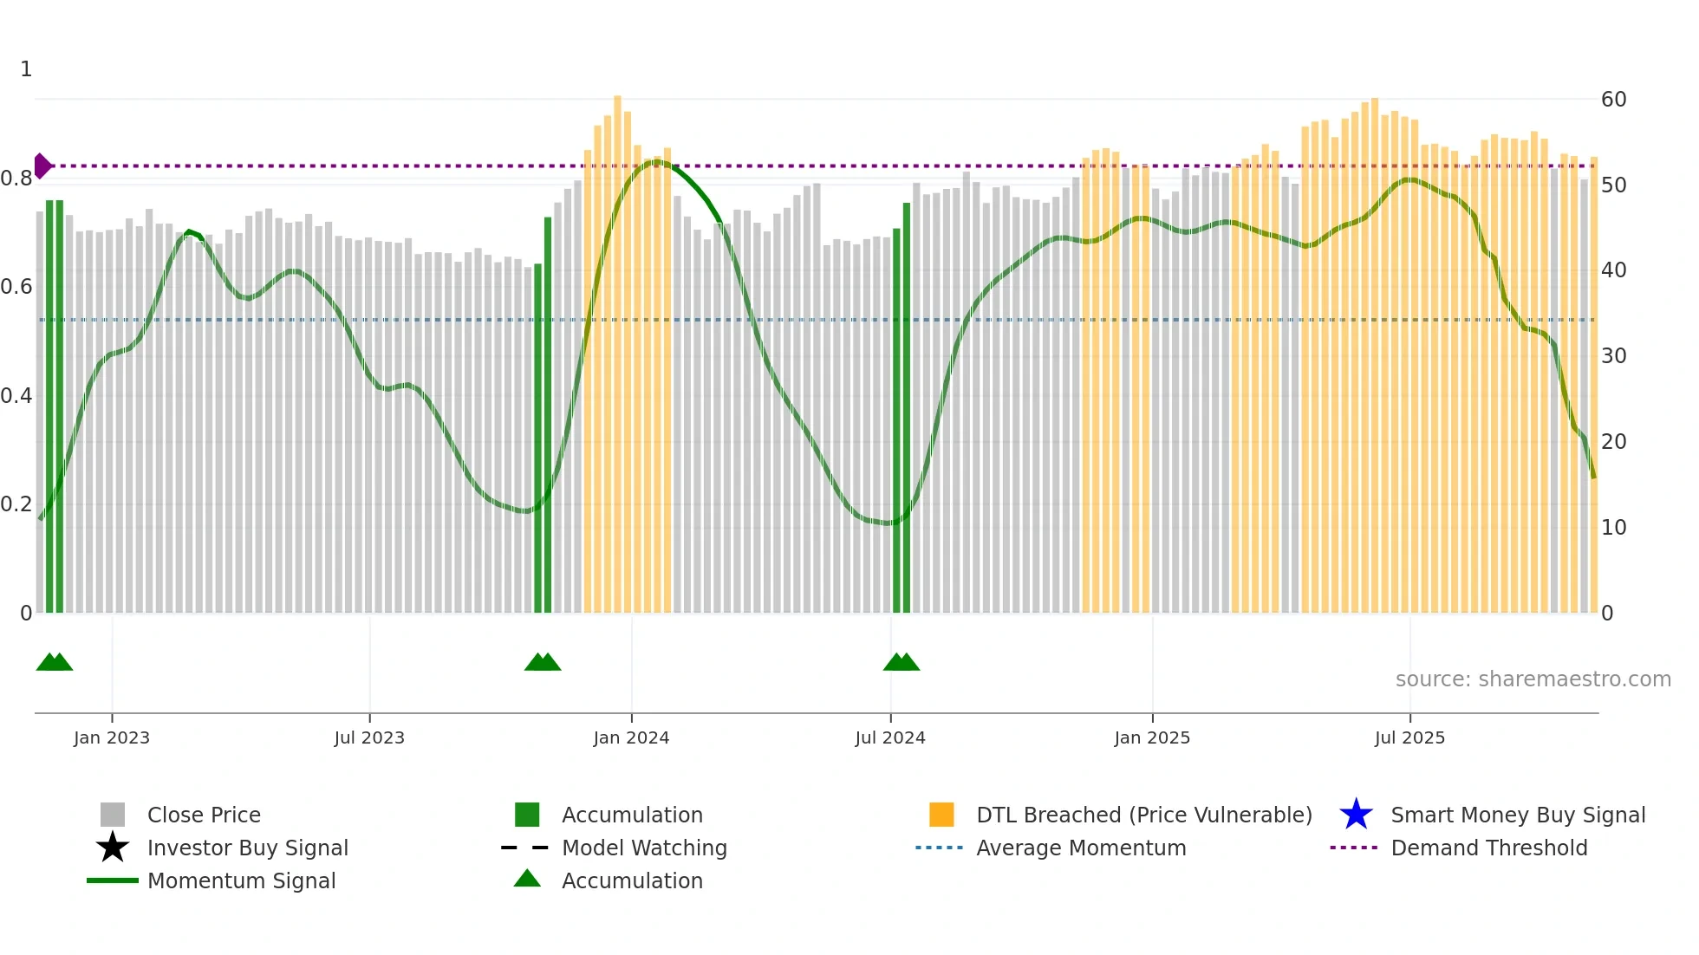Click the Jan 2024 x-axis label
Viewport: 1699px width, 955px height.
[x=631, y=737]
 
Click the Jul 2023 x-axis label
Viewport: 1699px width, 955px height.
[x=369, y=737]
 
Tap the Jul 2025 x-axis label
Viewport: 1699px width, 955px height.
[x=1409, y=737]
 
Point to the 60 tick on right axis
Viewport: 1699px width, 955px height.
[x=1613, y=100]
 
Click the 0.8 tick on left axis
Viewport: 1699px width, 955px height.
[x=16, y=179]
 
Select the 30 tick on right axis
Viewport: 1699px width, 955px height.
[x=1613, y=356]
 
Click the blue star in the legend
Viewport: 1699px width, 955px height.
[x=1356, y=815]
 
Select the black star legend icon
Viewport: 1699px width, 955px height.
[x=113, y=848]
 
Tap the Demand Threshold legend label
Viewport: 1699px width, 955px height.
[x=1488, y=848]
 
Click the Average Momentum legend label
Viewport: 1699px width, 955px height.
[x=1081, y=848]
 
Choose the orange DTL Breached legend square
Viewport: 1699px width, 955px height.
[x=941, y=815]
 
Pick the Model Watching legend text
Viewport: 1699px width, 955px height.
[x=644, y=848]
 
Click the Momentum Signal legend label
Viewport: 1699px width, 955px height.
[x=241, y=880]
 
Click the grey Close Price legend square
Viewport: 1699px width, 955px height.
[x=113, y=815]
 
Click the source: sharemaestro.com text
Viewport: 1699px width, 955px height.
[x=1533, y=679]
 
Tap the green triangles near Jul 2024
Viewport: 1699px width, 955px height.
[x=901, y=663]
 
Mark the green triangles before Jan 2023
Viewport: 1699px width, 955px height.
[x=54, y=663]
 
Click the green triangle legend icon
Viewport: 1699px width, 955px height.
[x=527, y=879]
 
